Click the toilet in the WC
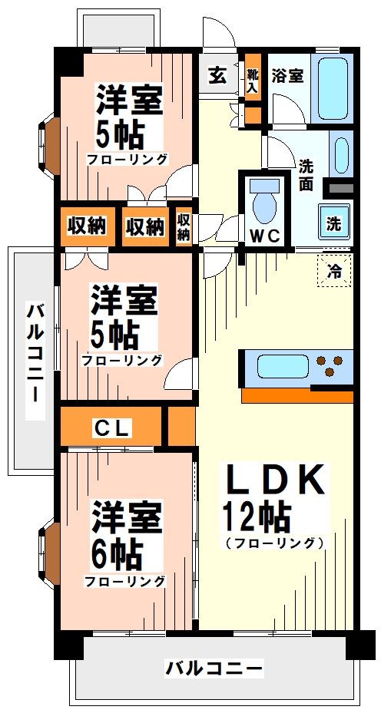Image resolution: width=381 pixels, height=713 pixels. tap(265, 203)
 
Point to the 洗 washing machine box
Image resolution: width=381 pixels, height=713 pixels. tap(336, 223)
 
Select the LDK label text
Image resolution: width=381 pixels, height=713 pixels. tap(273, 481)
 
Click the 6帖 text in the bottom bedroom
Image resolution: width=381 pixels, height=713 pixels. tap(118, 551)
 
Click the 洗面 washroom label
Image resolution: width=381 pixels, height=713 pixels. tap(306, 174)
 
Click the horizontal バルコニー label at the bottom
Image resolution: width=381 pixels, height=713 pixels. tap(215, 668)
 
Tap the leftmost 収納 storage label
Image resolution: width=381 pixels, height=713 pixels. tap(86, 226)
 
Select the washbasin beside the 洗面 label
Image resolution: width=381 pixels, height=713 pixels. tap(340, 153)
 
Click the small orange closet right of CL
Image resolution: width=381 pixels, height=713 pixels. tap(181, 427)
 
